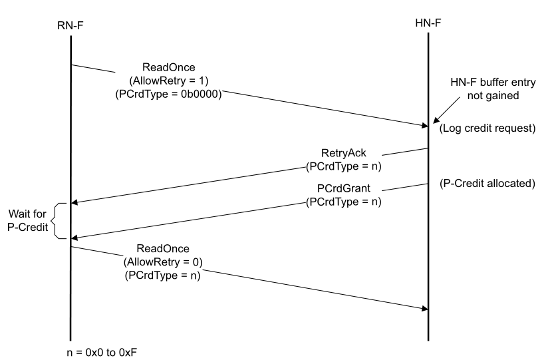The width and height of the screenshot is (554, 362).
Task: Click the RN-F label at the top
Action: point(70,25)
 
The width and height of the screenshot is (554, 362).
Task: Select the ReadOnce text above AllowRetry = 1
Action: point(168,68)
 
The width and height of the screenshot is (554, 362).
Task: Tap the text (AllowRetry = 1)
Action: point(168,81)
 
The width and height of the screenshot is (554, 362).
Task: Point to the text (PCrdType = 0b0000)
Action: point(168,93)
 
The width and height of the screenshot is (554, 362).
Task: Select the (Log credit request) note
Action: point(487,128)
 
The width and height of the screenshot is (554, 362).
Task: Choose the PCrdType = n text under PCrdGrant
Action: point(343,202)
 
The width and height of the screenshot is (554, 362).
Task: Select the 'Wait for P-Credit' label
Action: point(28,221)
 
